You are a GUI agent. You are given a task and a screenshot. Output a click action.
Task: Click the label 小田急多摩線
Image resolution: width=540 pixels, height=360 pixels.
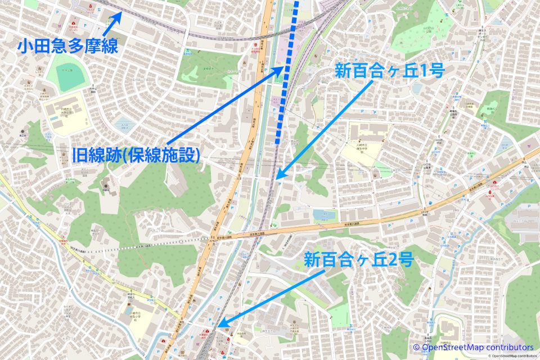click(x=67, y=46)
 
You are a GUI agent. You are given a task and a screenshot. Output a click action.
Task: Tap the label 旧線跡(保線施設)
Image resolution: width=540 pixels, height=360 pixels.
click(x=137, y=155)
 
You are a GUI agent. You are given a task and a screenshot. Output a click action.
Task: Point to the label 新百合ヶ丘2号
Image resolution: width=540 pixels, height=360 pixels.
click(x=359, y=260)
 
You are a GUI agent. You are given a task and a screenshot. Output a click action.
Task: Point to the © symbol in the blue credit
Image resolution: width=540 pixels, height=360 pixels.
click(x=416, y=347)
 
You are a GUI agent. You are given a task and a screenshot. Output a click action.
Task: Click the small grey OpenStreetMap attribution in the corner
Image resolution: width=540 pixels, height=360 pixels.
click(x=512, y=356)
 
